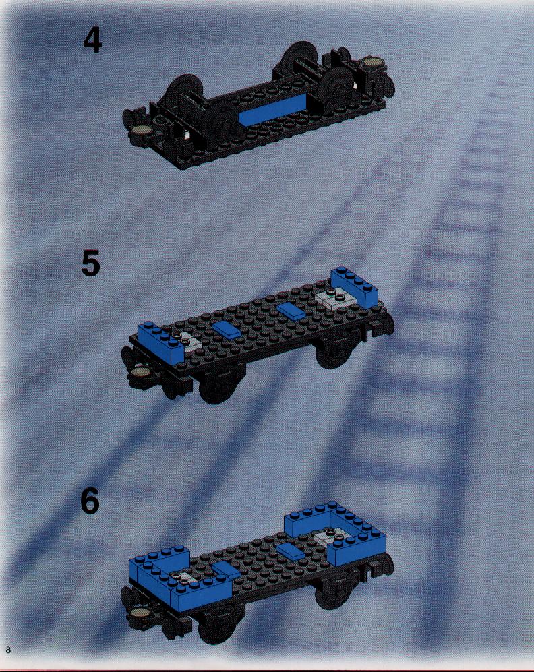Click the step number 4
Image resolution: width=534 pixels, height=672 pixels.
(92, 41)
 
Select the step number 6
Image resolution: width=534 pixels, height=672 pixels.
(90, 501)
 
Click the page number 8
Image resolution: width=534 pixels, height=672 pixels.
(7, 650)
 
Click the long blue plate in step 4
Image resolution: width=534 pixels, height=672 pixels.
(273, 110)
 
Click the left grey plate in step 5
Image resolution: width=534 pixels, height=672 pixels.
(187, 341)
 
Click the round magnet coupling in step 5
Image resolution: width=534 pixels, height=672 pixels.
(141, 371)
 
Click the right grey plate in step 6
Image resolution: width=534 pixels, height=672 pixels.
(329, 537)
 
